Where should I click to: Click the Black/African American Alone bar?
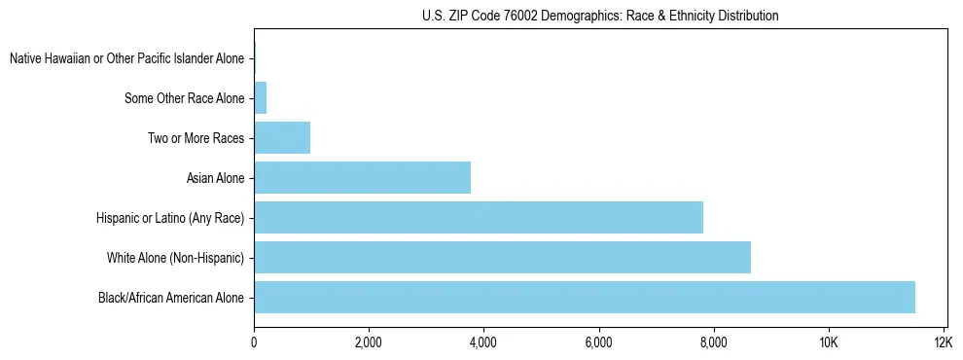[584, 297]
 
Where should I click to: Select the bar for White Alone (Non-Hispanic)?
[502, 257]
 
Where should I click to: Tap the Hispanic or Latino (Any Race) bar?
[478, 217]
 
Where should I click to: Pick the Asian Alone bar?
[362, 177]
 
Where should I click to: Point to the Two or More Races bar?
[282, 138]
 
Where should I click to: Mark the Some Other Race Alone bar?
[260, 98]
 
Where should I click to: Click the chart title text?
[600, 16]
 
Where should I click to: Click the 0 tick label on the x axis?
[254, 342]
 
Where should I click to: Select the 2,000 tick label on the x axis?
[369, 342]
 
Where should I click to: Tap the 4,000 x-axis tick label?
[483, 342]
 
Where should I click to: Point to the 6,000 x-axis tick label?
[598, 342]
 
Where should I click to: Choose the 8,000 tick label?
[713, 342]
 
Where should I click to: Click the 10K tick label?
[829, 342]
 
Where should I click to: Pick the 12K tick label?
[943, 342]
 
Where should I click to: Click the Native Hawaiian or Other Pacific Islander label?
[126, 59]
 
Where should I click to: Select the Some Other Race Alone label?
[185, 98]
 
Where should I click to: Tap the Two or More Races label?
[196, 138]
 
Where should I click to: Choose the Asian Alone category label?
[216, 178]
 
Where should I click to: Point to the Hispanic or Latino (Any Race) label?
[170, 218]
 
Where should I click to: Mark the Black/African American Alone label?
[171, 297]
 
